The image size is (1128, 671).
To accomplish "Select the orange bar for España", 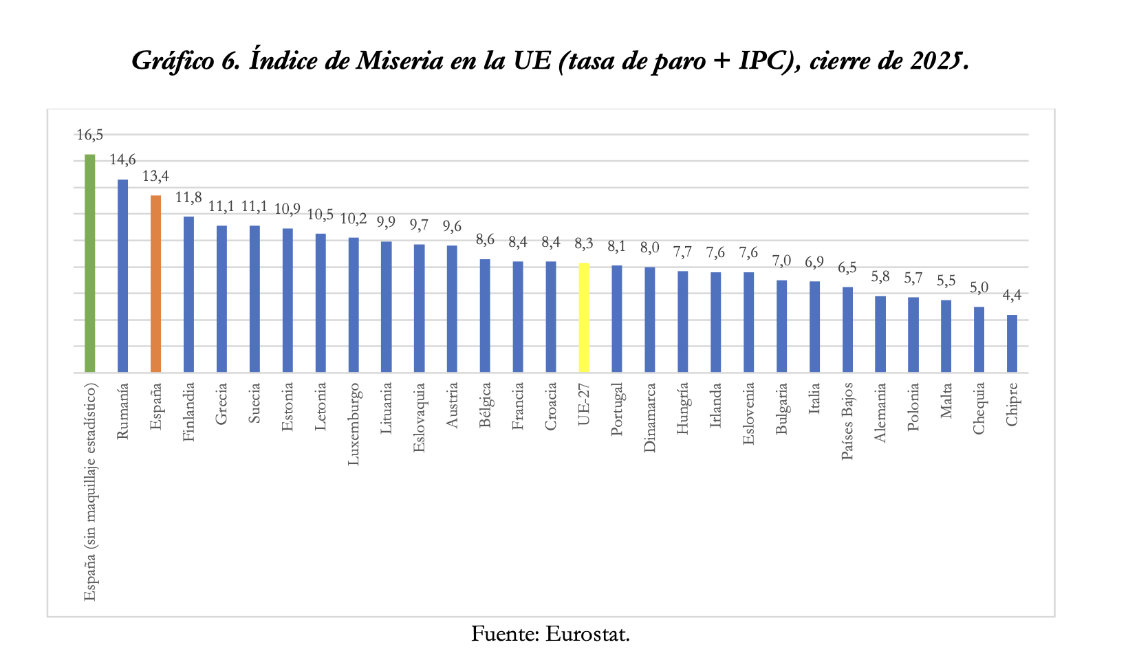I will tap(155, 284).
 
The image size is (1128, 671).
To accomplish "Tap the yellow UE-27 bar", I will tap(584, 318).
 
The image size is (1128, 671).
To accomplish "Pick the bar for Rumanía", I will tap(122, 276).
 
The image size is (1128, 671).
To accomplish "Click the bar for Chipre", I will tap(1012, 344).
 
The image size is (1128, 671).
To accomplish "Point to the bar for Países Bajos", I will tap(847, 329).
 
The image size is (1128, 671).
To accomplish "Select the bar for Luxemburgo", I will tap(354, 305).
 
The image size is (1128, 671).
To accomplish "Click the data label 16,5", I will tap(89, 135).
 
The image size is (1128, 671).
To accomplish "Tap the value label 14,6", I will tap(122, 160).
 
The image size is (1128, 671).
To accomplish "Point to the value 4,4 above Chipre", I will tap(1012, 296).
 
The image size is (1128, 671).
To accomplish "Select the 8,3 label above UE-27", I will tap(584, 243).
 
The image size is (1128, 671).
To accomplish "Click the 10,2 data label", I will tap(354, 219).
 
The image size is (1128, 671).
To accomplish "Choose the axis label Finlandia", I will tap(189, 411).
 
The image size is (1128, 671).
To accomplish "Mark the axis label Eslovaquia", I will tap(420, 418).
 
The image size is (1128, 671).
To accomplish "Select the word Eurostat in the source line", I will tap(587, 633).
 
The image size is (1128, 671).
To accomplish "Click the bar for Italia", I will tap(814, 327).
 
